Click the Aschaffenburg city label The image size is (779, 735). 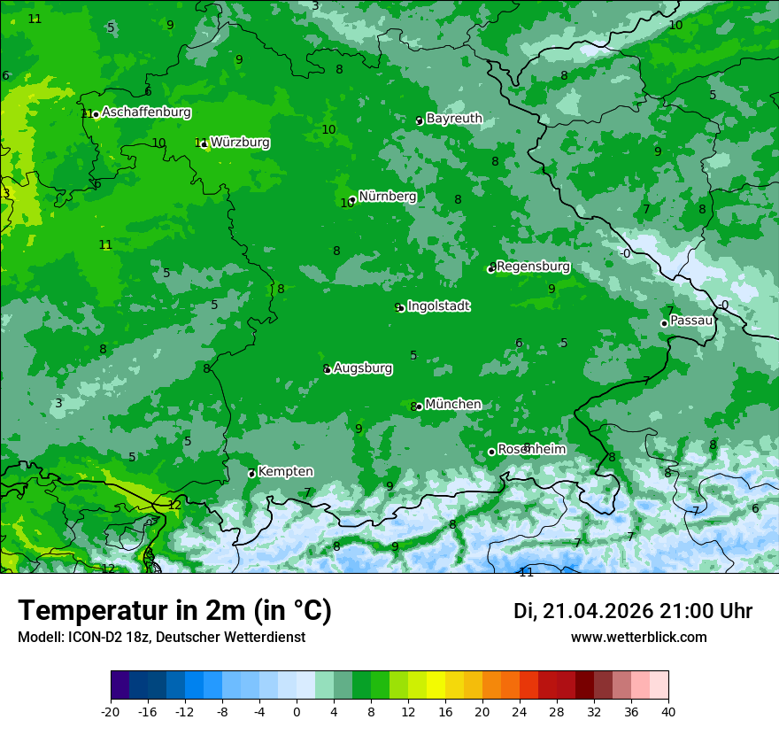coord(146,112)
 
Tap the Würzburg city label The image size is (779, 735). coord(240,143)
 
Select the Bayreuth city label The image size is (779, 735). coord(454,119)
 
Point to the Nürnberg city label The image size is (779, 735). coord(387,197)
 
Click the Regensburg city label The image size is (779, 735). coord(533,267)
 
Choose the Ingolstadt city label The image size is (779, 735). coord(438,306)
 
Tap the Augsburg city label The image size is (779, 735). coord(363,368)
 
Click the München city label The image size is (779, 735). coord(453,405)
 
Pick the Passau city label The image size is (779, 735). coord(691,321)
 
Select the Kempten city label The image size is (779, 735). coord(285,472)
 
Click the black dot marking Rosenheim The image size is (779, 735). coord(491,453)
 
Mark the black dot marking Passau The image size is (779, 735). coord(664,323)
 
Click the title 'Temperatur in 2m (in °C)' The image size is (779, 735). coord(174,610)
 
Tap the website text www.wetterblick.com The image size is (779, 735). coord(638,638)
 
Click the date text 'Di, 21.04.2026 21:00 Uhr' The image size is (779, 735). coord(633,611)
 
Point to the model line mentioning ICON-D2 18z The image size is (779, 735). coord(161,638)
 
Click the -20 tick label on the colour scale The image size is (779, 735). coord(111,711)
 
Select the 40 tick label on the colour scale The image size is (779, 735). coord(668,711)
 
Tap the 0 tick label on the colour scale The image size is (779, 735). coord(297,711)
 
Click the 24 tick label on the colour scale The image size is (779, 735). coord(520,711)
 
